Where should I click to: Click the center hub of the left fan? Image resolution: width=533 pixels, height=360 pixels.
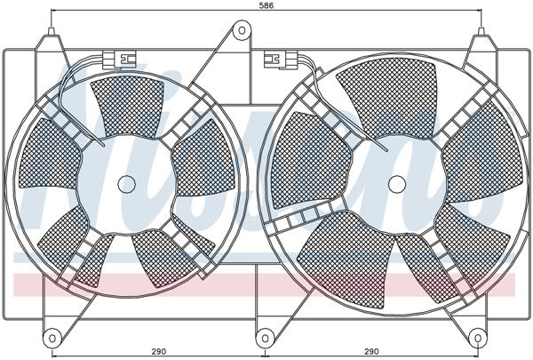coord(127,184)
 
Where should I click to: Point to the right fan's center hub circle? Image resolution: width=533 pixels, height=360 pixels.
coord(397,182)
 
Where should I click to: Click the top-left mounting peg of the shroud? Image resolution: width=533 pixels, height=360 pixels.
coord(54,36)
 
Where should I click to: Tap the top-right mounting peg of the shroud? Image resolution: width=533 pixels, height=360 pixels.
coord(481,36)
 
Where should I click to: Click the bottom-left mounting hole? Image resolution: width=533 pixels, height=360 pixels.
coord(52,338)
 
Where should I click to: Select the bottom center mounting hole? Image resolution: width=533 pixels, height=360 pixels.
coord(264,338)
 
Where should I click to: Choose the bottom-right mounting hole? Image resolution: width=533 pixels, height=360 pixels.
coord(481,338)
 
